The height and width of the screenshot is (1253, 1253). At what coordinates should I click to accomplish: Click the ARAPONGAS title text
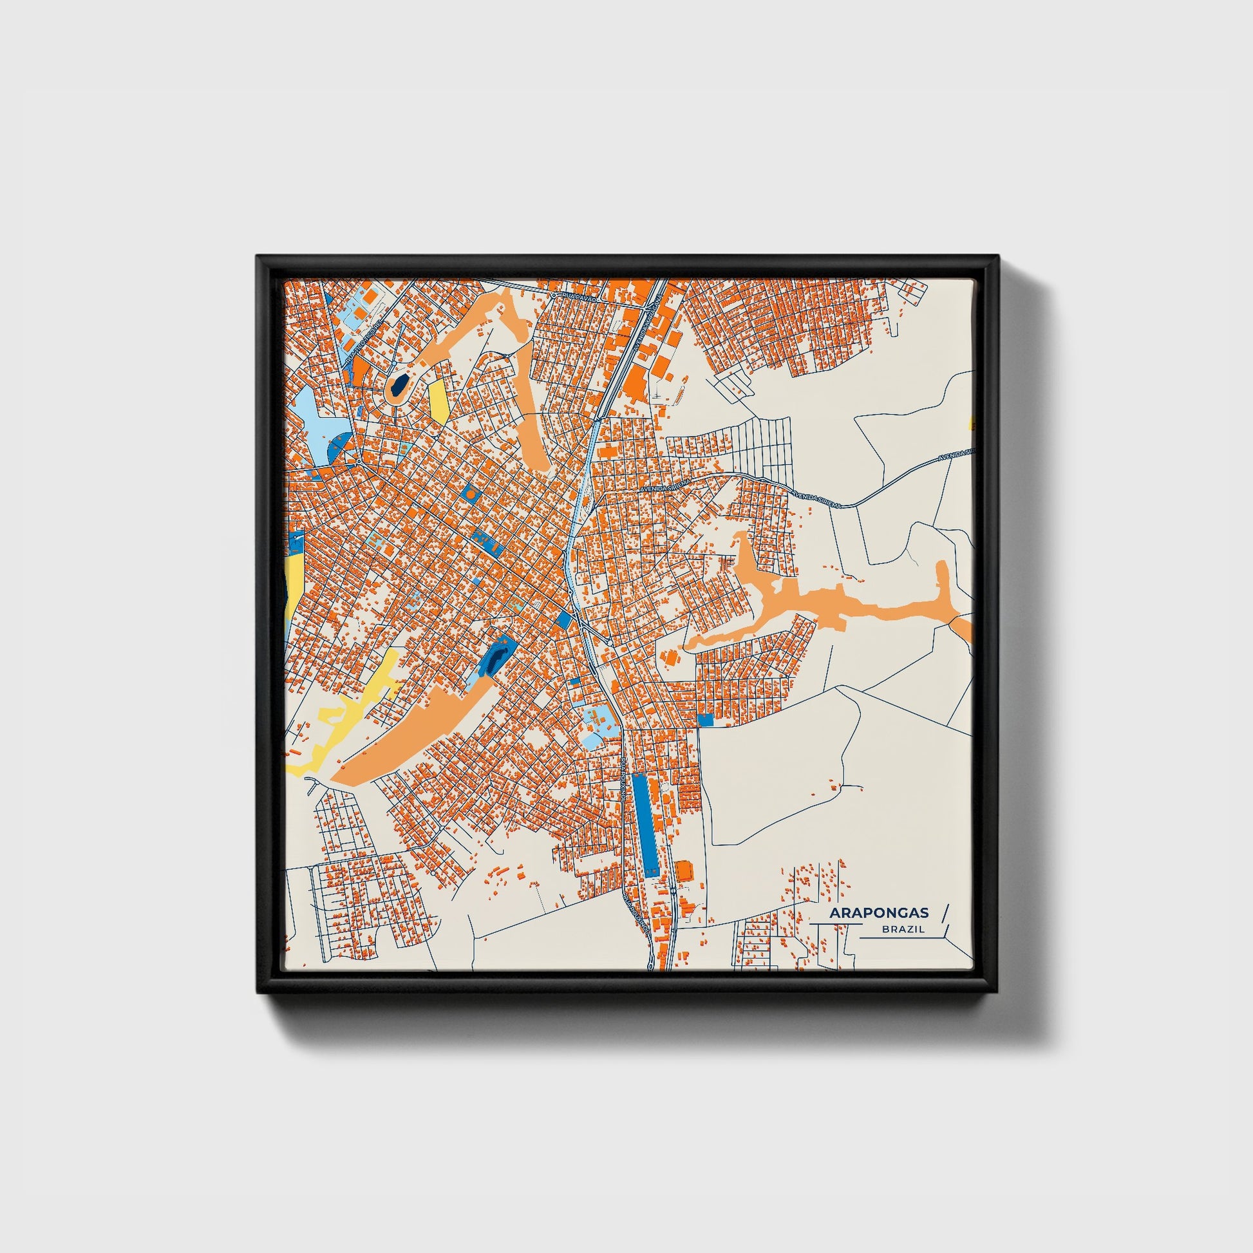878,913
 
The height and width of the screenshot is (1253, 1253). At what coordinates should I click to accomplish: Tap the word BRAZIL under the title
903,929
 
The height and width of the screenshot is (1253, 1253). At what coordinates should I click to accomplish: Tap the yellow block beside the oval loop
438,400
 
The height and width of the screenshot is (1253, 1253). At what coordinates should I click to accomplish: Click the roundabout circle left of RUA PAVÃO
553,295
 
